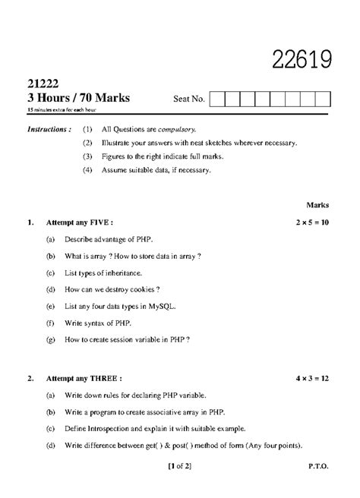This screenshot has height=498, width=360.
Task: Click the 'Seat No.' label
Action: (x=189, y=99)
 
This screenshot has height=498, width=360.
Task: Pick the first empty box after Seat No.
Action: (x=216, y=99)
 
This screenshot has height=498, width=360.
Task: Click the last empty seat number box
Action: (x=324, y=99)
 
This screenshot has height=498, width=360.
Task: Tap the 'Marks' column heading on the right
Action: (x=317, y=205)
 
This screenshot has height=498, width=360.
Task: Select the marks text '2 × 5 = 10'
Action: (x=312, y=223)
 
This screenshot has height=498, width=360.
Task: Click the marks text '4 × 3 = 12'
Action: (x=312, y=377)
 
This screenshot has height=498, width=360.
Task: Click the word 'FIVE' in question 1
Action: (x=99, y=223)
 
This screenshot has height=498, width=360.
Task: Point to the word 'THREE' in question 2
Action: (x=104, y=377)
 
